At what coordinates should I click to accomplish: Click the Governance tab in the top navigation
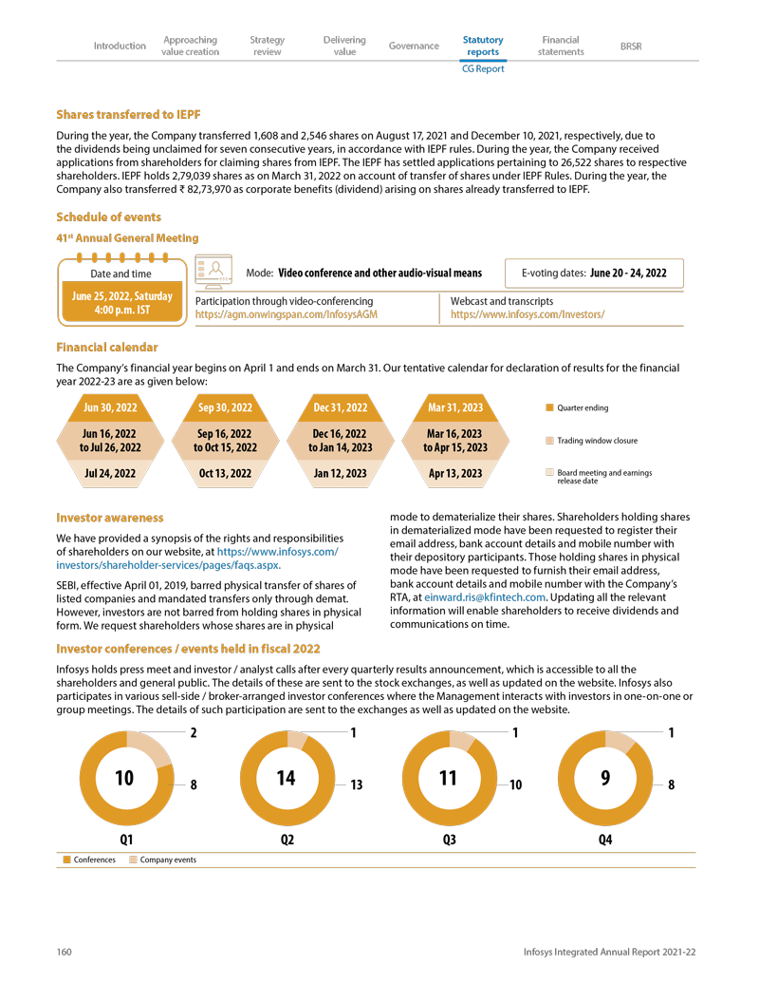(414, 46)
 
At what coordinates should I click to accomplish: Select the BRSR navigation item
(630, 46)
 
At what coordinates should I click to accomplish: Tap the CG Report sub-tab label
(483, 68)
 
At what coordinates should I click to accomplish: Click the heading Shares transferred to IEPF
(128, 115)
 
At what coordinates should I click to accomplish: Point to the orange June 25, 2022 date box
(122, 303)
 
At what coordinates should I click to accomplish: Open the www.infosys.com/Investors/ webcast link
(528, 313)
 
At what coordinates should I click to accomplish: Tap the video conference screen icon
(213, 272)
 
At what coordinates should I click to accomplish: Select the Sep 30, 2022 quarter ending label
(225, 407)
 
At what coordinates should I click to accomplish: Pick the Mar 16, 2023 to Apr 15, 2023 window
(455, 441)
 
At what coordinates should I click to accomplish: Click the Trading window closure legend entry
(597, 441)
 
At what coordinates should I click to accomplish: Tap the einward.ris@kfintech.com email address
(484, 597)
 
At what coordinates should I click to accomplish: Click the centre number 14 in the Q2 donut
(286, 778)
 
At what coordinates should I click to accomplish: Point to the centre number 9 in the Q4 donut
(605, 778)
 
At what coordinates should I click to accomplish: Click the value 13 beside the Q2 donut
(358, 785)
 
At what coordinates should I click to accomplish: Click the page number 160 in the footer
(64, 952)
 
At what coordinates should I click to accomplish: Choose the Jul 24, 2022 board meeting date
(110, 473)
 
